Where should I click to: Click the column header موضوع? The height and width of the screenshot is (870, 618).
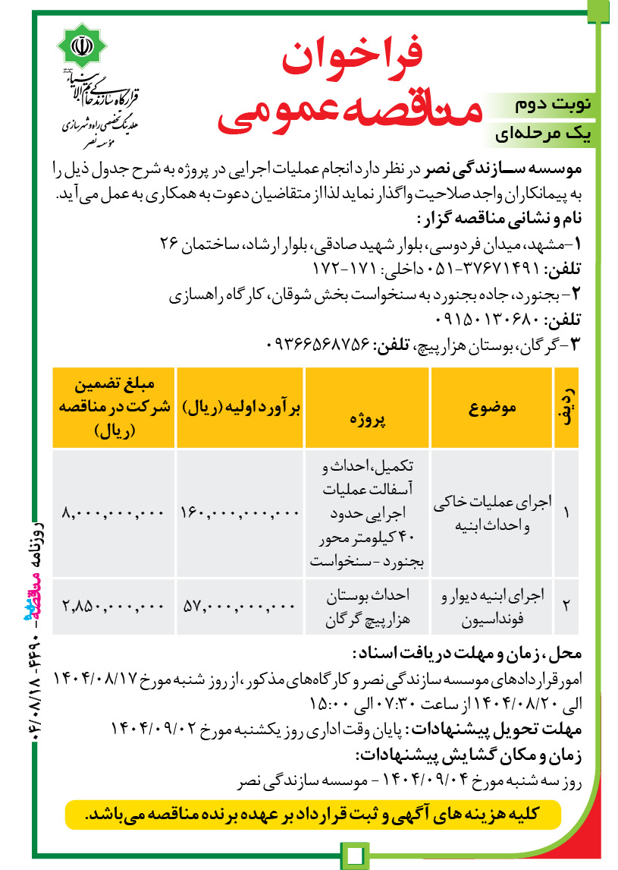[x=492, y=408]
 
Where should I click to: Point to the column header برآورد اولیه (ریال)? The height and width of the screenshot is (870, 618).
[x=241, y=408]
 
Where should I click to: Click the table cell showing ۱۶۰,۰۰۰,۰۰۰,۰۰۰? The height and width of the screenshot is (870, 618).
[x=240, y=513]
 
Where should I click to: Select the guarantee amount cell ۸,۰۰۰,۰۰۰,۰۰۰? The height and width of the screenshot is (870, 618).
[x=114, y=513]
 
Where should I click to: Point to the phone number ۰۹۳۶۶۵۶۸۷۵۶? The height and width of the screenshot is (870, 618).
[x=322, y=344]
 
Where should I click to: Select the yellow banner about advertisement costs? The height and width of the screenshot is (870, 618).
[x=312, y=814]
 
